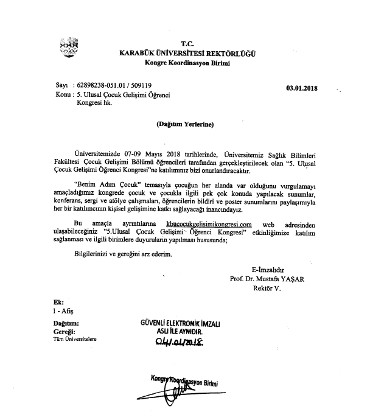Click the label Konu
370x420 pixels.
pyautogui.click(x=62, y=95)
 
